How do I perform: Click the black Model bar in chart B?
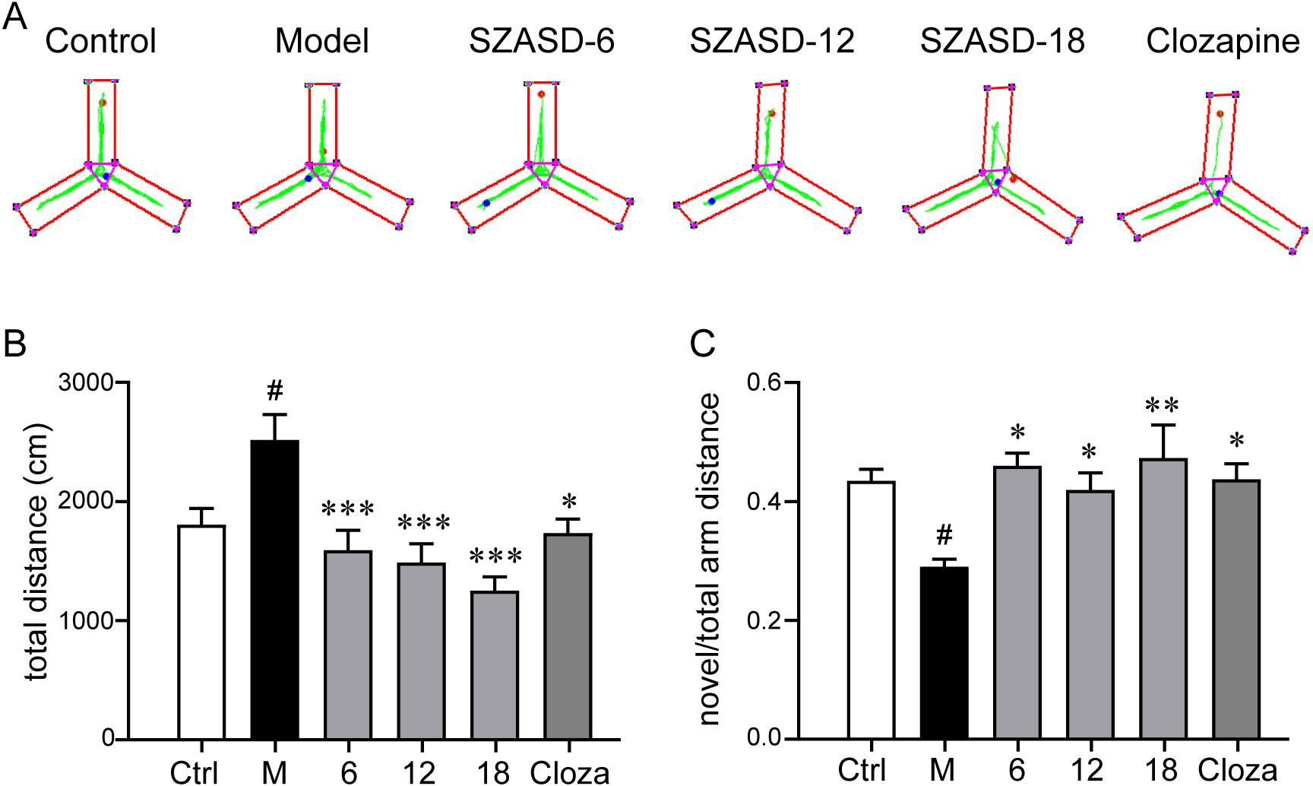point(274,589)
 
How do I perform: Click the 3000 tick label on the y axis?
point(86,382)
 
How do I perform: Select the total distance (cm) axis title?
point(36,551)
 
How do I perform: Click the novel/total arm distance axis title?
point(708,559)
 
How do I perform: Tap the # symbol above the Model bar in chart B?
point(275,391)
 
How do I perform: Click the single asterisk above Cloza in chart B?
point(569,502)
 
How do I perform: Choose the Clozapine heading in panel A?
point(1223,41)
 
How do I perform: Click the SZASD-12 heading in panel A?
point(772,41)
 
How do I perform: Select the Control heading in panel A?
point(100,41)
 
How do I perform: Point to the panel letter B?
point(15,344)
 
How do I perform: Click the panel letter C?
point(702,344)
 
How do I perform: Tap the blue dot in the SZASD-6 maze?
point(486,203)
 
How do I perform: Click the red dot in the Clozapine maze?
point(1220,114)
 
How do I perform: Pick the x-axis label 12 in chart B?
point(419,772)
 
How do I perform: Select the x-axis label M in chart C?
point(942,771)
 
